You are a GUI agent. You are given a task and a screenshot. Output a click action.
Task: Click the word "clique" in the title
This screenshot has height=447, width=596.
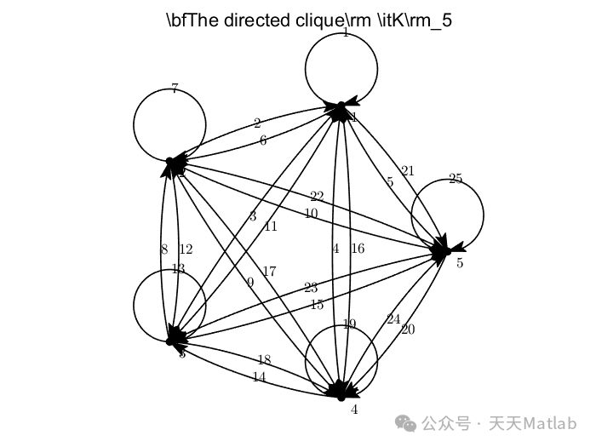[317, 20]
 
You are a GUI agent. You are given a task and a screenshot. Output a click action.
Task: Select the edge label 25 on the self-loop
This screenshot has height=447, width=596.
[456, 179]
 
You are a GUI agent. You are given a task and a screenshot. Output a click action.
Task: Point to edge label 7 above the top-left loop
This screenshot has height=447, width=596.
[175, 89]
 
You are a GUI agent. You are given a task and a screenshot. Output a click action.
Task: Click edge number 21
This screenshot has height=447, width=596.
[407, 171]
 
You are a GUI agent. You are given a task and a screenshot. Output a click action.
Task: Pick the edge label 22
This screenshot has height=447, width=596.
[317, 197]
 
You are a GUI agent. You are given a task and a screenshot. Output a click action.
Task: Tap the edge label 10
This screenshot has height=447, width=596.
[311, 213]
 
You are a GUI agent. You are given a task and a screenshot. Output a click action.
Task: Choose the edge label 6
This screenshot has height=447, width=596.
[263, 140]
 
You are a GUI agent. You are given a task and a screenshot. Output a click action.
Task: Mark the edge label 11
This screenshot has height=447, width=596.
[271, 226]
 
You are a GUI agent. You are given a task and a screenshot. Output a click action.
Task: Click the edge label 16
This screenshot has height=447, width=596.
[357, 249]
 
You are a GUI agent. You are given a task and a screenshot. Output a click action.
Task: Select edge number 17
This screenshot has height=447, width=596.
[269, 272]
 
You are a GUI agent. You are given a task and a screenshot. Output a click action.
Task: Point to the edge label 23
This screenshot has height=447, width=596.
[310, 288]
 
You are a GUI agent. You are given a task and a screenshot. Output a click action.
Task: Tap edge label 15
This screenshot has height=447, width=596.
[317, 305]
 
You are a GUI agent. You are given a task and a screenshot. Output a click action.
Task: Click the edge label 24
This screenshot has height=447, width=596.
[393, 319]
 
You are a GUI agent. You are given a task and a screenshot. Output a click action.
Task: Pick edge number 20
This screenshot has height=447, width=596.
[407, 330]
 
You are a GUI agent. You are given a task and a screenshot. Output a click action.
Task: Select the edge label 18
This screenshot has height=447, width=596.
[264, 360]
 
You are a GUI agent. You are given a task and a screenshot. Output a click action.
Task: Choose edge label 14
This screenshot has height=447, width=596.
[260, 377]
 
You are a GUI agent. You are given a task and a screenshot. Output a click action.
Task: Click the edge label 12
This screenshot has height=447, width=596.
[186, 249]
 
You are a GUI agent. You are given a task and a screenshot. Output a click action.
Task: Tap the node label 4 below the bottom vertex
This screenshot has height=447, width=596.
[354, 410]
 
